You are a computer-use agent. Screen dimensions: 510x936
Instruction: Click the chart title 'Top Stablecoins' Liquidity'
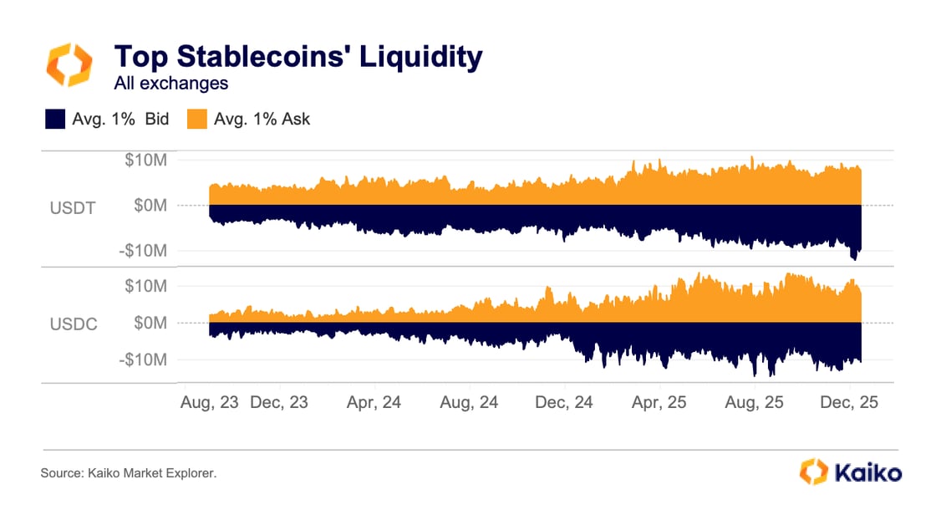(x=298, y=57)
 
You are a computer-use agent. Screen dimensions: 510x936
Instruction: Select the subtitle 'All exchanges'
(x=170, y=83)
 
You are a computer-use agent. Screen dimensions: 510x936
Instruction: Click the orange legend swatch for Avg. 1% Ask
(x=196, y=119)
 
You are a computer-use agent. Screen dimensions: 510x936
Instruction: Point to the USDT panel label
(x=73, y=207)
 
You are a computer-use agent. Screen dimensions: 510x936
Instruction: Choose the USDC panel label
(x=73, y=324)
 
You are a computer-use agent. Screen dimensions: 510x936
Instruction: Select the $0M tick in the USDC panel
(x=152, y=323)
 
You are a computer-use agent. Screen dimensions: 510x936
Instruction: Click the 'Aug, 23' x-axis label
(x=209, y=402)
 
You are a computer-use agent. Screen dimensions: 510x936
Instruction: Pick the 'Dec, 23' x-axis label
(x=278, y=402)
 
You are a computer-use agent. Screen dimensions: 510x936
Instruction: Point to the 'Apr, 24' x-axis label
(x=374, y=402)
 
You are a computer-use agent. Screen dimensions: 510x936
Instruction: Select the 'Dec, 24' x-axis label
(x=564, y=402)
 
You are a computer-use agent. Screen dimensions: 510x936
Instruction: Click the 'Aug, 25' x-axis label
(x=754, y=402)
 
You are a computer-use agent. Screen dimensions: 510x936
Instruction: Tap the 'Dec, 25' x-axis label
(x=849, y=402)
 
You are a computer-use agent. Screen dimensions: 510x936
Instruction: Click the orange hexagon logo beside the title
(x=68, y=65)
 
